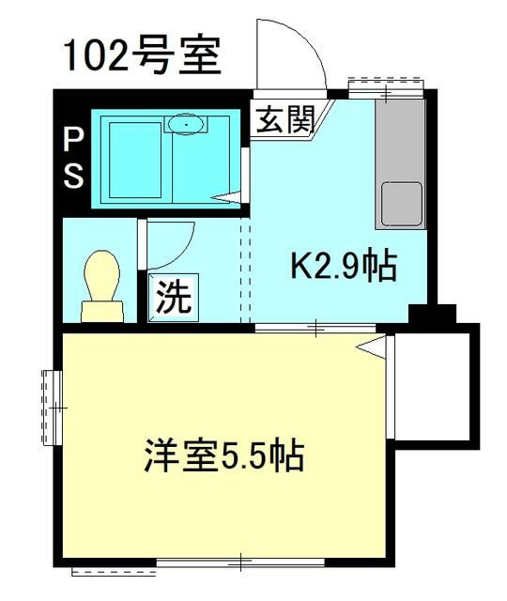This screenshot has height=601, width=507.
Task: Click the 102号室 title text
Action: [142, 55]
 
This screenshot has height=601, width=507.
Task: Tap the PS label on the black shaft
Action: [72, 159]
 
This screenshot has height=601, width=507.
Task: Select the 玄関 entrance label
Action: [283, 121]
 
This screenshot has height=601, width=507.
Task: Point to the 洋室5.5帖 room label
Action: [223, 458]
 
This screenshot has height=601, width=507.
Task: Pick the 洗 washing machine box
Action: [172, 299]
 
